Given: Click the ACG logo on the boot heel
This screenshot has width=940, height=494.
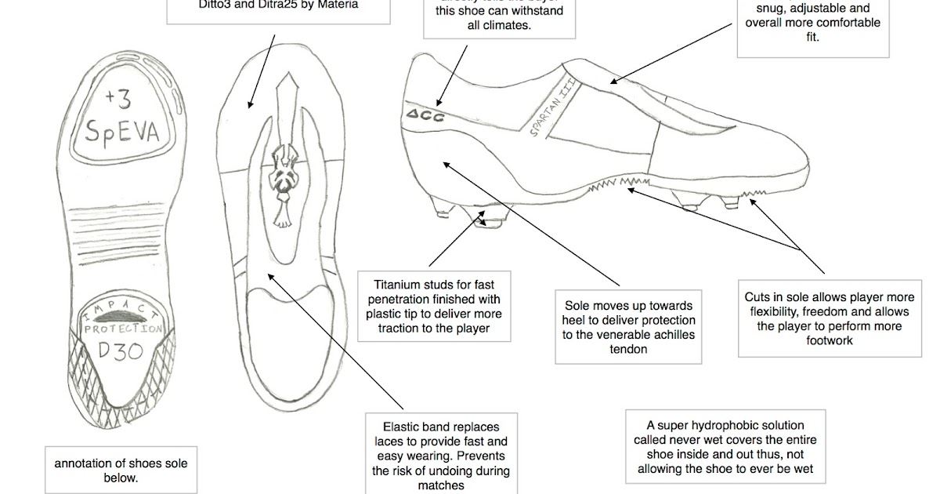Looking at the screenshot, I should coord(425,116).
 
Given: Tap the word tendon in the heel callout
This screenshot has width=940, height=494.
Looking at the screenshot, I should coord(629,349).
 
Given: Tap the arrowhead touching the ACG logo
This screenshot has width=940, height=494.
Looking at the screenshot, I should coord(439,105).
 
